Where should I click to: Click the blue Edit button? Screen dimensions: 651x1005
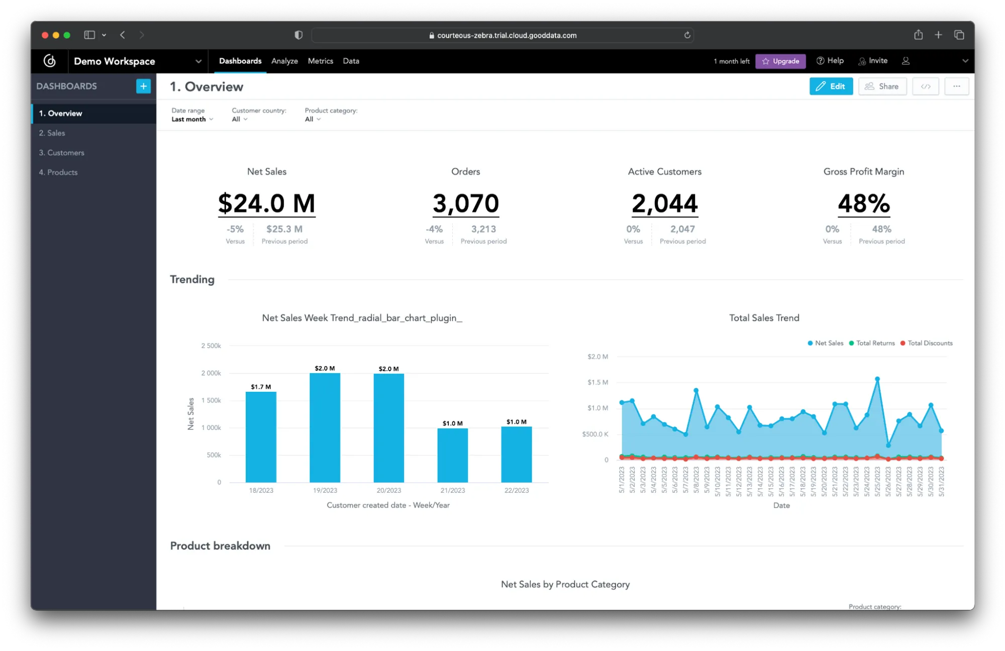point(831,86)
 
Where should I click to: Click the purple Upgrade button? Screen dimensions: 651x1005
point(780,61)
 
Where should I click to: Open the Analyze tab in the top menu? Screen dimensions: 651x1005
point(284,61)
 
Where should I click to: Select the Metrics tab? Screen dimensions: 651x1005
point(320,61)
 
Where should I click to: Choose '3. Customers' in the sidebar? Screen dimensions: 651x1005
point(62,153)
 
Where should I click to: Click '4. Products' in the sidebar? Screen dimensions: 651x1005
point(58,172)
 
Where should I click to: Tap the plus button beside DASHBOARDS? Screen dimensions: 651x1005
point(143,86)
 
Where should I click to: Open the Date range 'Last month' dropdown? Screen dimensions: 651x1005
point(192,119)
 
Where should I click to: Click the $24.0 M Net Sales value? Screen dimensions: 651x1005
point(266,203)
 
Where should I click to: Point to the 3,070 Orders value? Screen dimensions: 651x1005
point(465,203)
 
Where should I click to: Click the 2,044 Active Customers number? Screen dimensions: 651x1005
point(664,203)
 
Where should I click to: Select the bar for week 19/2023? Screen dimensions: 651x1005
point(325,427)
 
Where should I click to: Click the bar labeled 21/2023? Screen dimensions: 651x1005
point(452,455)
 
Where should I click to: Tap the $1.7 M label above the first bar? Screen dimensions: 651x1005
point(261,387)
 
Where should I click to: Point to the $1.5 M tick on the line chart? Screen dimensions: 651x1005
point(597,382)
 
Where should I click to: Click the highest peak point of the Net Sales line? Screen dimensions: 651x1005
point(877,379)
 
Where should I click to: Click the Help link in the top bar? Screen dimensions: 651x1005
point(830,61)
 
